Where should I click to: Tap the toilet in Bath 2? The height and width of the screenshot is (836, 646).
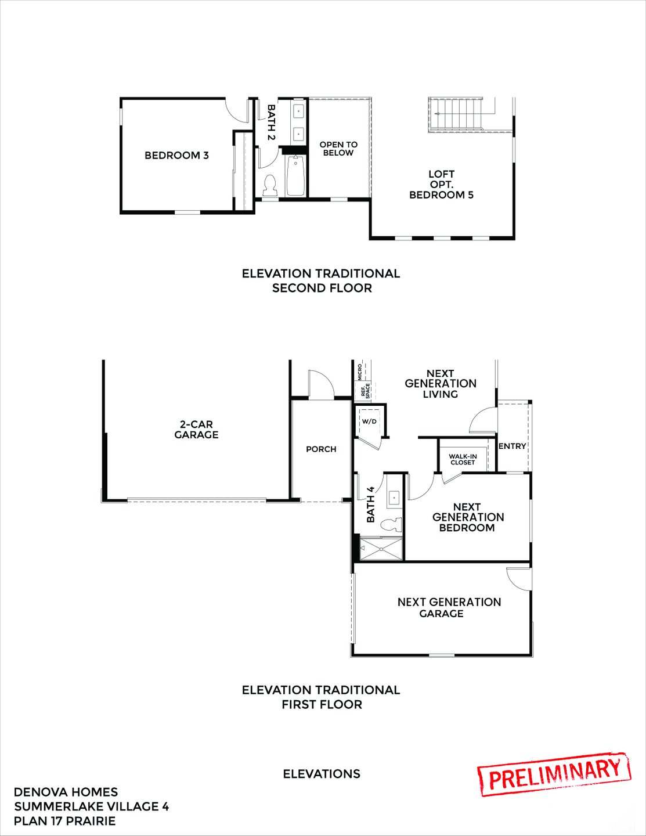coord(269,185)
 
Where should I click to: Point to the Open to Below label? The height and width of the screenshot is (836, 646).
coord(338,149)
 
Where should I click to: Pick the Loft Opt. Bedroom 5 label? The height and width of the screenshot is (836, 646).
coord(441,185)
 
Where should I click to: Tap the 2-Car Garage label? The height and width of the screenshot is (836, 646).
coord(196,430)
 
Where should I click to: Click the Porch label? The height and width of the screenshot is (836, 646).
coord(321,449)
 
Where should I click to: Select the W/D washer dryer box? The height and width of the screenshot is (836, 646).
coord(369,421)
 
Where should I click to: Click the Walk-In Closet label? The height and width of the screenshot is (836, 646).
coord(463,459)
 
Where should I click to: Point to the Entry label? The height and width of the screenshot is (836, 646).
coord(512,446)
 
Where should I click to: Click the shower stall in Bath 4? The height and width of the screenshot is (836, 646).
coord(381,549)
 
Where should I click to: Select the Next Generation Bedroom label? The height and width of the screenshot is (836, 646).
coord(467,517)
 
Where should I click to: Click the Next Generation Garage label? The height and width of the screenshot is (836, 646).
coord(449,607)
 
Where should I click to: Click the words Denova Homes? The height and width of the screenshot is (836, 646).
coord(66,792)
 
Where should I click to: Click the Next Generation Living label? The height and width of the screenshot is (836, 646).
coord(441,384)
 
